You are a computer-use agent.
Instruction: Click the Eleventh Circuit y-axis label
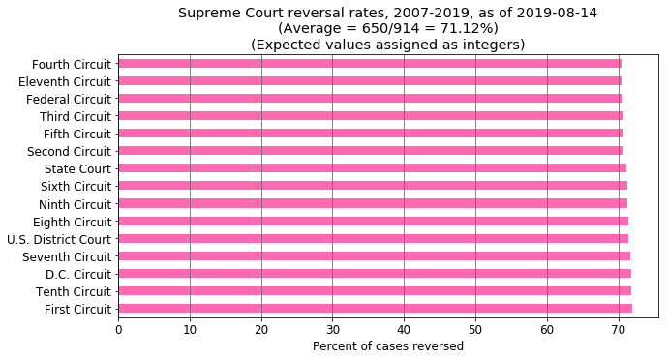pyautogui.click(x=64, y=82)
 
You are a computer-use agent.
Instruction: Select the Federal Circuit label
pyautogui.click(x=68, y=100)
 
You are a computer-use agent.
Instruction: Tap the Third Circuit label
pyautogui.click(x=75, y=117)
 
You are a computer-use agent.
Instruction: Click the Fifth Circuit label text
pyautogui.click(x=76, y=135)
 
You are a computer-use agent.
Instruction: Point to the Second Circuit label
pyautogui.click(x=69, y=152)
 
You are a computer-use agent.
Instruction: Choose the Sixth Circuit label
pyautogui.click(x=76, y=187)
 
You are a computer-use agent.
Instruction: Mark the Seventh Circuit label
pyautogui.click(x=68, y=256)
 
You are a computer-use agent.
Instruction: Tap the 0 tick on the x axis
pyautogui.click(x=118, y=329)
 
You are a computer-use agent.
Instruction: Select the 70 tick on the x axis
pyautogui.click(x=619, y=329)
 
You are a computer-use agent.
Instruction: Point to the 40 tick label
pyautogui.click(x=404, y=329)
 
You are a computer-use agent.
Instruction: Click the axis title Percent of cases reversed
pyautogui.click(x=388, y=346)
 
